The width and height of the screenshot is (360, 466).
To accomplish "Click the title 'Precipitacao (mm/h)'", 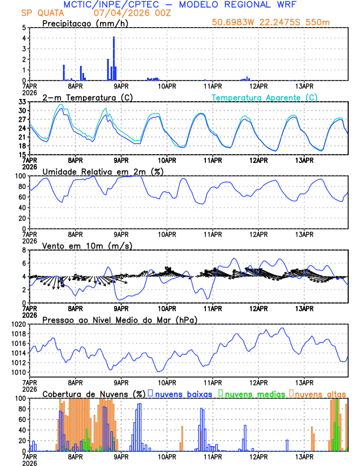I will point(86,24).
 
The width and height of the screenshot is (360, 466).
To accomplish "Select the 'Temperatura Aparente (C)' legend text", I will point(265,97).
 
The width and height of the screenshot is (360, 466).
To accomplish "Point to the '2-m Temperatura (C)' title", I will point(83,97).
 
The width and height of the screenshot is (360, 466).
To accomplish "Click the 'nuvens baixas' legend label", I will point(183,394).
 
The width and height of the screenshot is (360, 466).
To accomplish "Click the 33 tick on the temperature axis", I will point(22,102).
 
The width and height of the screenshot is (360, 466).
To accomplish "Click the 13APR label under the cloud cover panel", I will point(304,456).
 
